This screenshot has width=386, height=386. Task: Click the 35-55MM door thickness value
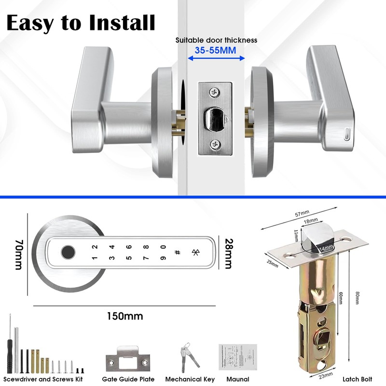pyautogui.click(x=216, y=49)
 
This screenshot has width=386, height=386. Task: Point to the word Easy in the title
pyautogui.click(x=30, y=23)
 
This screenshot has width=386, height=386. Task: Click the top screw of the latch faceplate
pyautogui.click(x=213, y=91)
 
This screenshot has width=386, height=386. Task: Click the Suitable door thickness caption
pyautogui.click(x=216, y=40)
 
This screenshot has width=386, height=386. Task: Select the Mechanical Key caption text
pyautogui.click(x=190, y=379)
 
